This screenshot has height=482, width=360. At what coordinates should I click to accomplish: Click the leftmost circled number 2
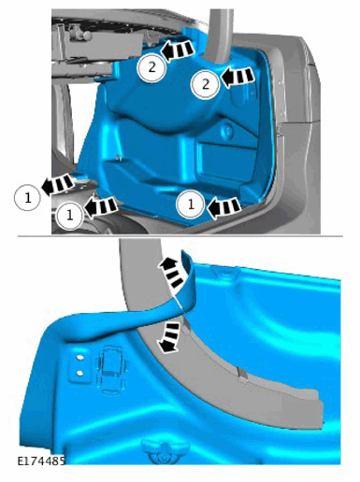[151, 67]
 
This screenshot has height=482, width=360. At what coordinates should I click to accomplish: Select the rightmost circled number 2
[205, 85]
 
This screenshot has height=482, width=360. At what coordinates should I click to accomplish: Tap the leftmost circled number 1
[28, 197]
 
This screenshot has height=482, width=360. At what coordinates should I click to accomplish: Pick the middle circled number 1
[70, 215]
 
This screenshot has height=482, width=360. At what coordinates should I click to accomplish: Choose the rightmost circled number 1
[191, 205]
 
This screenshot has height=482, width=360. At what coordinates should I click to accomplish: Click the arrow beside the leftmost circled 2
[178, 50]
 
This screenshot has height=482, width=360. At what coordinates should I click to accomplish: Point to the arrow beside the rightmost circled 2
[238, 77]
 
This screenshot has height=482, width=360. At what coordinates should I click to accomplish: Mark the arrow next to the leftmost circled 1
[58, 185]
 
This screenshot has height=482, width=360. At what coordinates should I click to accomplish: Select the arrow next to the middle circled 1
[100, 206]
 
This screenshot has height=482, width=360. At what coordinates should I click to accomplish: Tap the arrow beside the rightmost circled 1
[224, 207]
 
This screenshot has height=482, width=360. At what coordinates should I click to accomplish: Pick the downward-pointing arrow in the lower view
[169, 338]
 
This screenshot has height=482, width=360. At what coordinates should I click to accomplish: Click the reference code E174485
[41, 461]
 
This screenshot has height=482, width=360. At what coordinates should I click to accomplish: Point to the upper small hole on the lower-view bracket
[79, 358]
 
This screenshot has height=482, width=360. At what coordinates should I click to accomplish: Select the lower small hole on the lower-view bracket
[79, 373]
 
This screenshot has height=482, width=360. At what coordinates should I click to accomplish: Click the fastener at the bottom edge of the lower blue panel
[165, 450]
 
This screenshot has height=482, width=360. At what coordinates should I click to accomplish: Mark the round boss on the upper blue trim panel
[228, 131]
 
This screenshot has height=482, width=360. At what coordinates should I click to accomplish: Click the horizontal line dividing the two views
[180, 236]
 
